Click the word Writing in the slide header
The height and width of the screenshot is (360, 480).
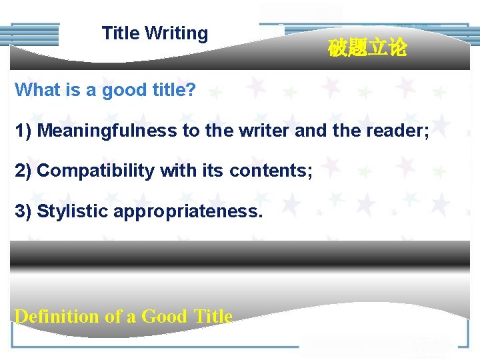(176, 34)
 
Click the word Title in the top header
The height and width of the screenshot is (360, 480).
(121, 33)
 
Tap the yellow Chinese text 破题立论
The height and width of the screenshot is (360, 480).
(367, 48)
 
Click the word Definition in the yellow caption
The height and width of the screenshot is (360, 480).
(57, 316)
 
